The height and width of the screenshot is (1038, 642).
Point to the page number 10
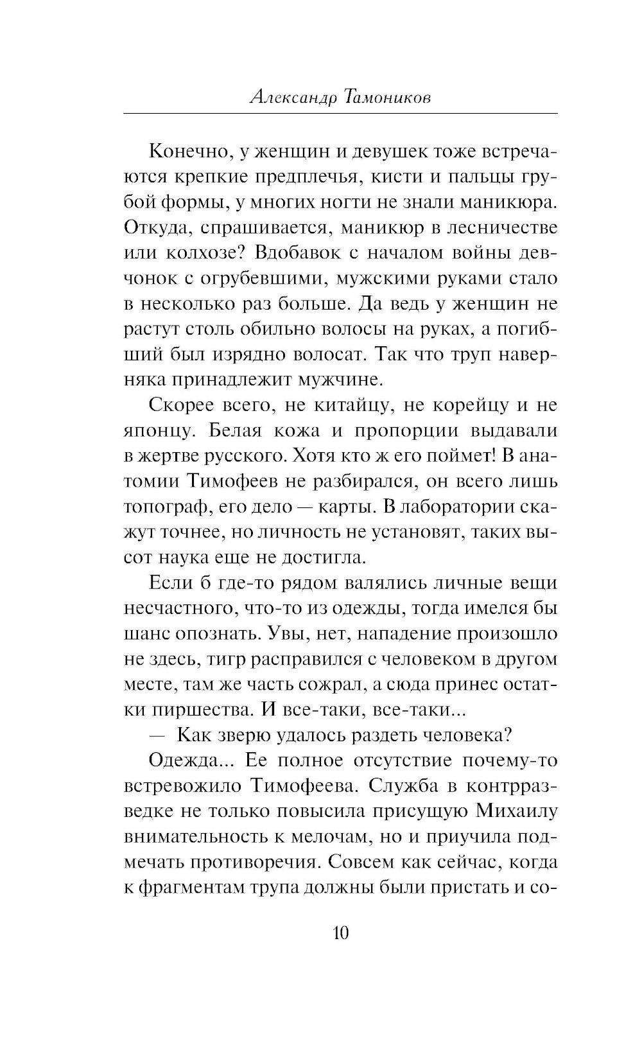340,932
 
